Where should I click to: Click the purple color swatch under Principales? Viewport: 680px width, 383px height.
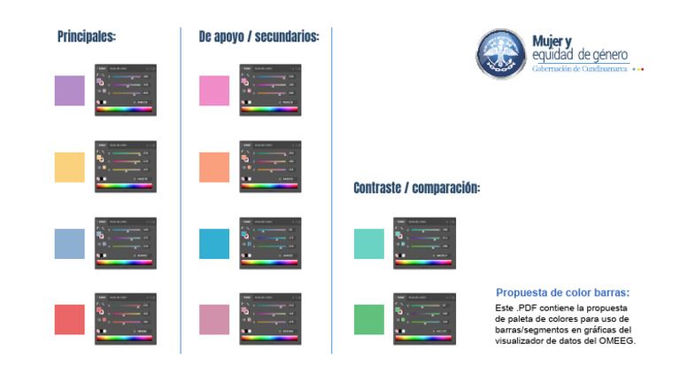pyautogui.click(x=70, y=90)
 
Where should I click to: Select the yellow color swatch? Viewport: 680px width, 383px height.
pyautogui.click(x=70, y=167)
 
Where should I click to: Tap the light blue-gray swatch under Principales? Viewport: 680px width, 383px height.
pyautogui.click(x=70, y=243)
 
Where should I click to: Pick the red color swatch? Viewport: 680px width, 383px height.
pyautogui.click(x=70, y=319)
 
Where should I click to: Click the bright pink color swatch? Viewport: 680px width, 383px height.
pyautogui.click(x=213, y=90)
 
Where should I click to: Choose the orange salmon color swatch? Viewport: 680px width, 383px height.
pyautogui.click(x=213, y=167)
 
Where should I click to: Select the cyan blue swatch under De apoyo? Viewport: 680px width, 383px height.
pyautogui.click(x=213, y=243)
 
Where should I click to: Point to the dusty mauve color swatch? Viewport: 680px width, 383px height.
pyautogui.click(x=213, y=319)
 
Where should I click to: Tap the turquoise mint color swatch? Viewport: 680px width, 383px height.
pyautogui.click(x=368, y=243)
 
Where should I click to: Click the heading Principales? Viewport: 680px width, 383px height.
pyautogui.click(x=87, y=37)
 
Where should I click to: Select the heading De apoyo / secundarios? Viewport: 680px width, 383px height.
pyautogui.click(x=259, y=37)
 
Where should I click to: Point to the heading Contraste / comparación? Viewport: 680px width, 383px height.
pyautogui.click(x=416, y=188)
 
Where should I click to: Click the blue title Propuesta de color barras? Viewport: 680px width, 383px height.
pyautogui.click(x=563, y=293)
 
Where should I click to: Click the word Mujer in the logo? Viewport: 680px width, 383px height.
pyautogui.click(x=547, y=41)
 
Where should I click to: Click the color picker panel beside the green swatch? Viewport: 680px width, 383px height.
pyautogui.click(x=424, y=318)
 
